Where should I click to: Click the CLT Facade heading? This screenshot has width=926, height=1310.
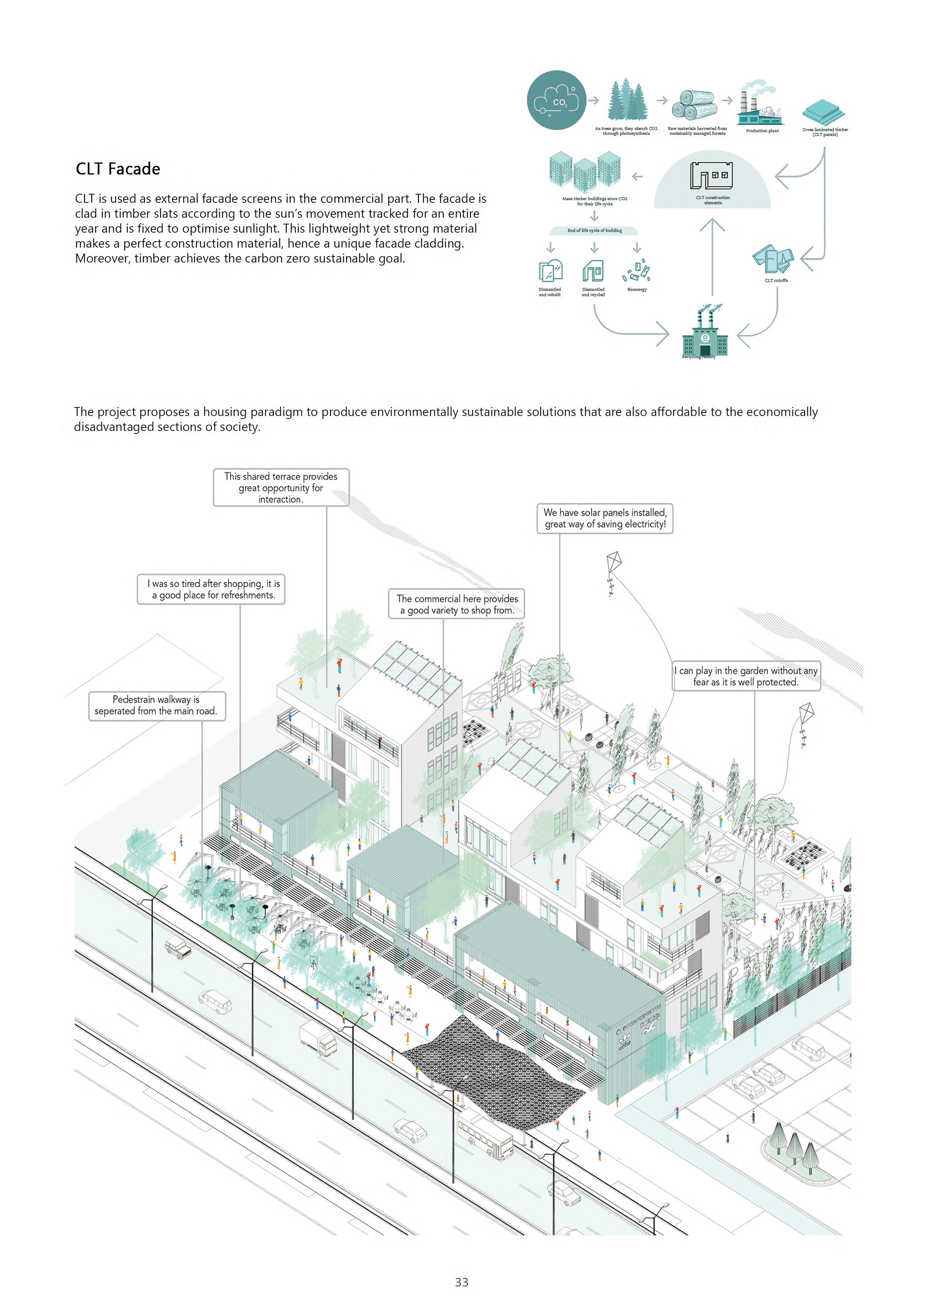(118, 169)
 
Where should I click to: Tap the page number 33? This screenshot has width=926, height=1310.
(462, 1282)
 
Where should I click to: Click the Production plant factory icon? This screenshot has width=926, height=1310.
(759, 105)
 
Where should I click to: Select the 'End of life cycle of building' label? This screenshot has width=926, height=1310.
(594, 230)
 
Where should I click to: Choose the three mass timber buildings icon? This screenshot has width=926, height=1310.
(584, 170)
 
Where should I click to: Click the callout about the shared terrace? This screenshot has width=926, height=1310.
(281, 488)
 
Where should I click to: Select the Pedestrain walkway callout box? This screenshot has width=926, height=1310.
(156, 706)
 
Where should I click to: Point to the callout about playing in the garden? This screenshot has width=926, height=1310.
(746, 677)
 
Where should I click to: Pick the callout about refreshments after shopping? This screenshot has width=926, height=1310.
(211, 589)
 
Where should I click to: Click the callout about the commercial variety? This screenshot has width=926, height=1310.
(456, 604)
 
